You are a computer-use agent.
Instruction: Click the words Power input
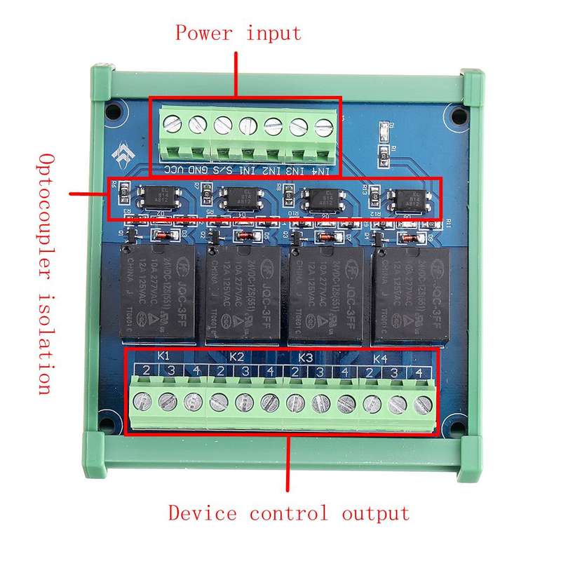pos(238,33)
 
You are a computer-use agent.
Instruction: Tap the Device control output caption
pos(288,513)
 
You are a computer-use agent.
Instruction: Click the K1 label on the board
pos(164,356)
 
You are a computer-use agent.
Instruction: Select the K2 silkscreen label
pos(236,356)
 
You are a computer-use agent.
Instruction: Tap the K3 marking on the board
pos(305,356)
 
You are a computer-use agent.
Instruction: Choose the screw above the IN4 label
pos(323,127)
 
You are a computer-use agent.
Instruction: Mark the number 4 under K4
pos(419,372)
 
